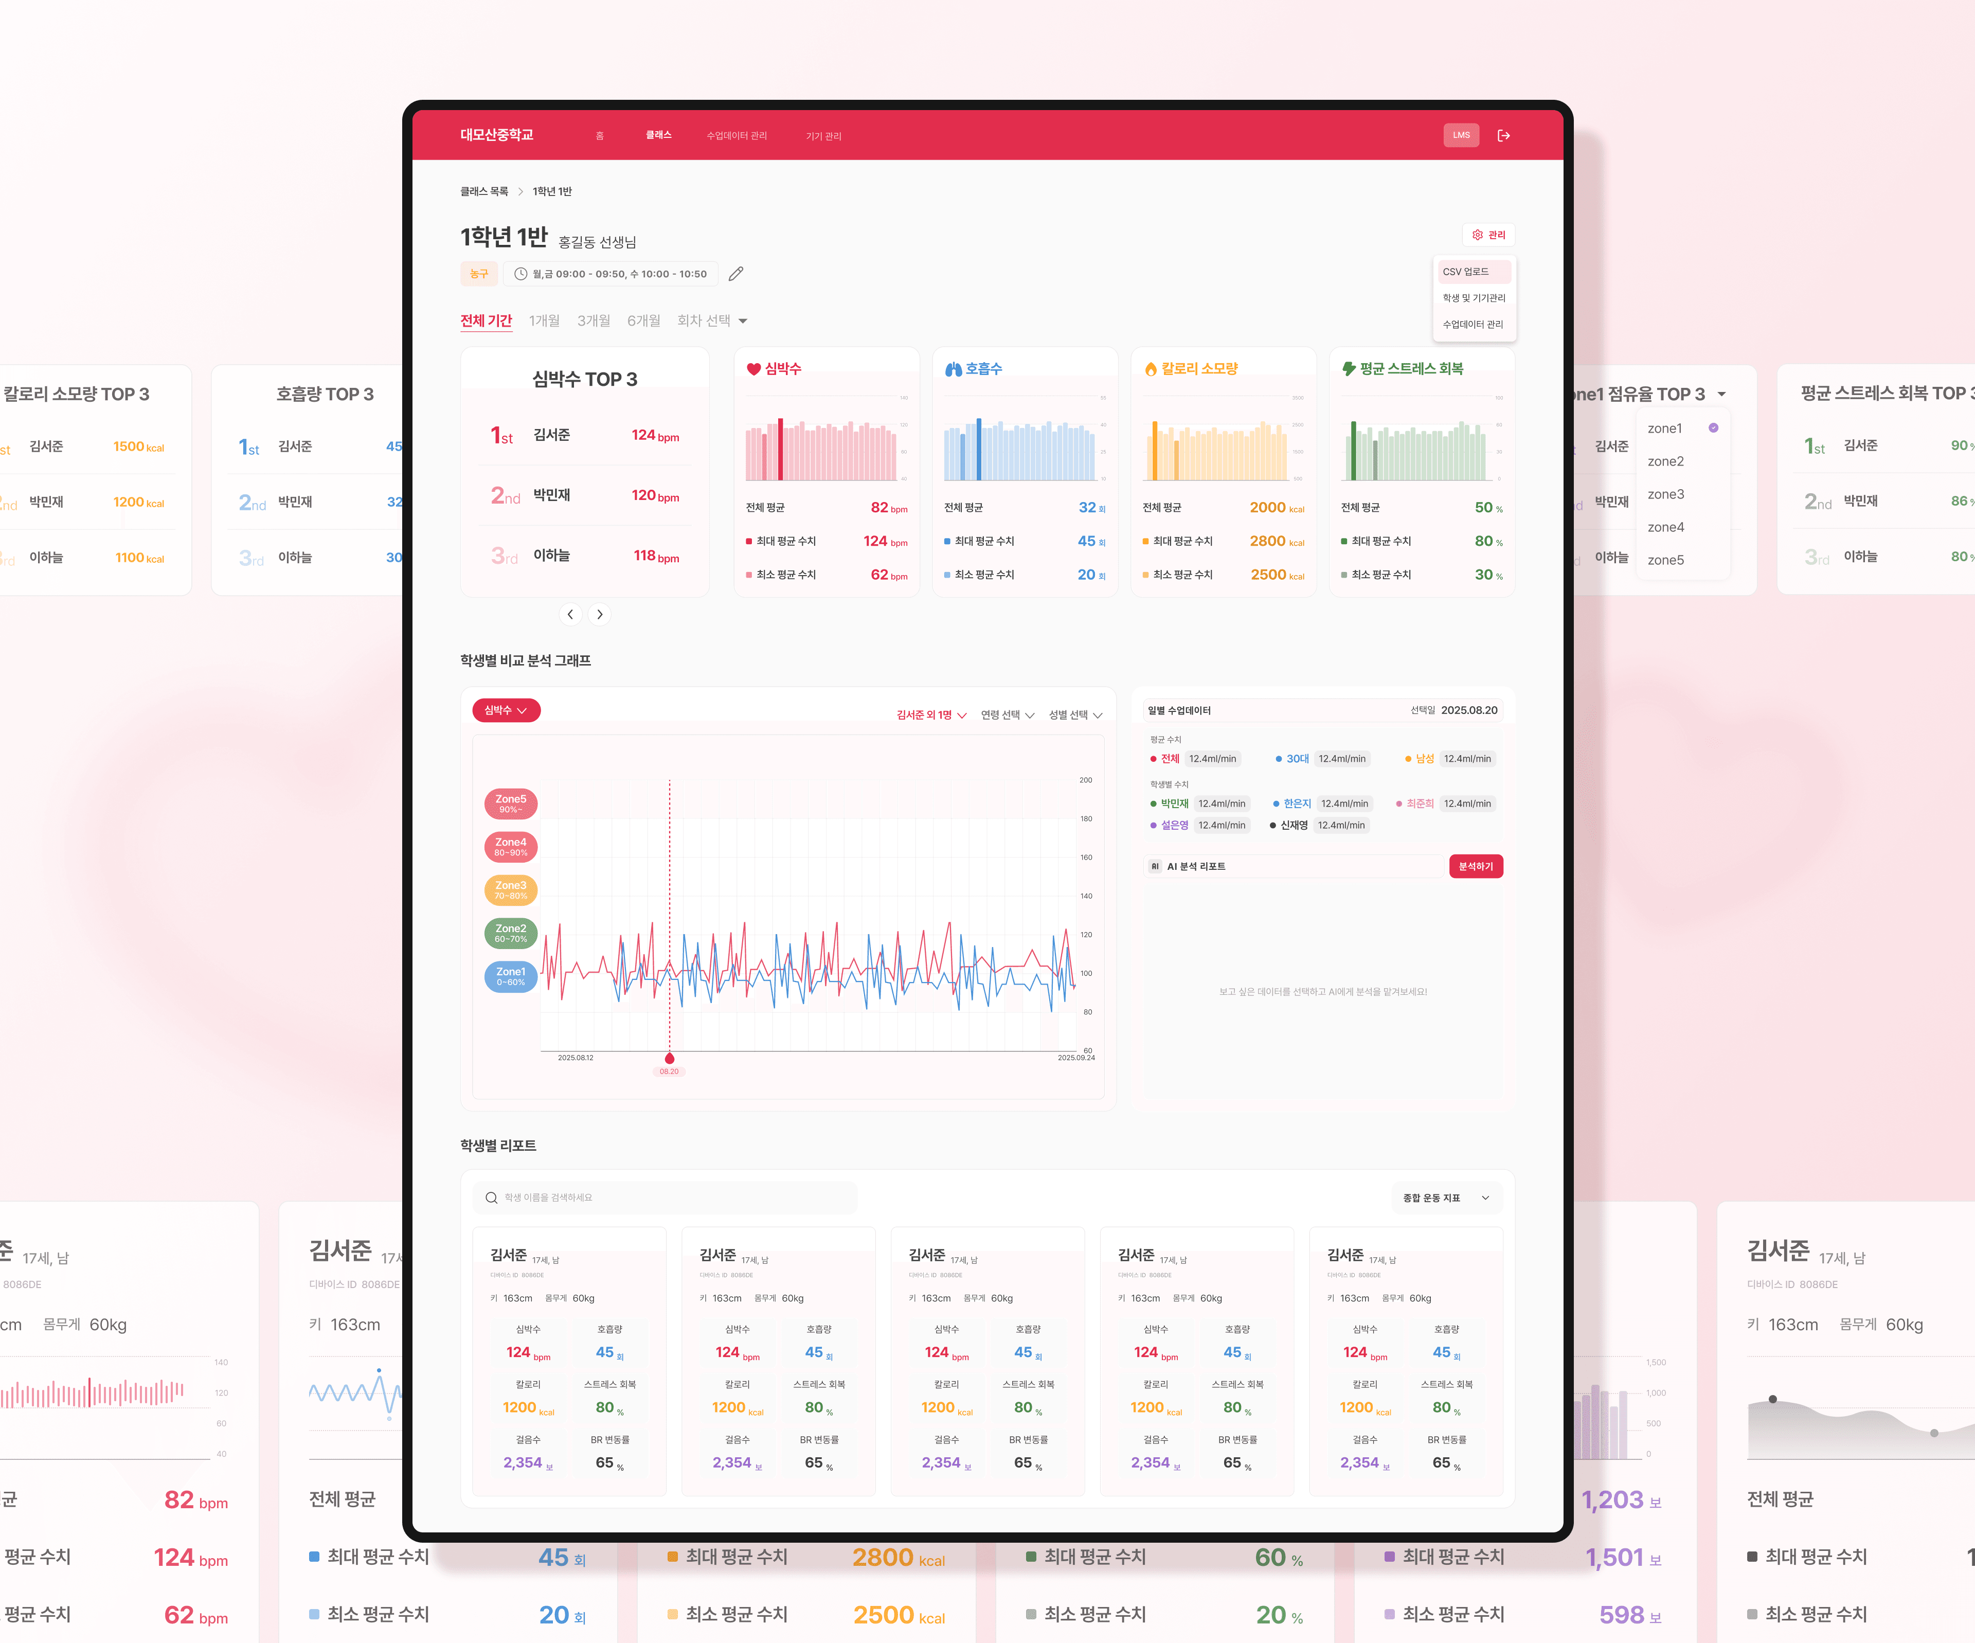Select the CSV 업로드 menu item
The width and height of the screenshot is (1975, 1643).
[1473, 272]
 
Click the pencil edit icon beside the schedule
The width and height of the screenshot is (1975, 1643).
[737, 274]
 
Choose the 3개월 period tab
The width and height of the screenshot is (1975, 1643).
[594, 320]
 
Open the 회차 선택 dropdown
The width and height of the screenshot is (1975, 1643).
[712, 320]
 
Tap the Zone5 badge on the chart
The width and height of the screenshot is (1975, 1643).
[511, 803]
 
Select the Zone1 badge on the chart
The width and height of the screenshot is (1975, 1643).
[511, 976]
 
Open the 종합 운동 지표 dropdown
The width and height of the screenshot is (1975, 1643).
[1446, 1197]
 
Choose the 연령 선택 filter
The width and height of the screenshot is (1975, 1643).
[1007, 715]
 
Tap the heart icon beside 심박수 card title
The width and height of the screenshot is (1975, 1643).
[753, 369]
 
